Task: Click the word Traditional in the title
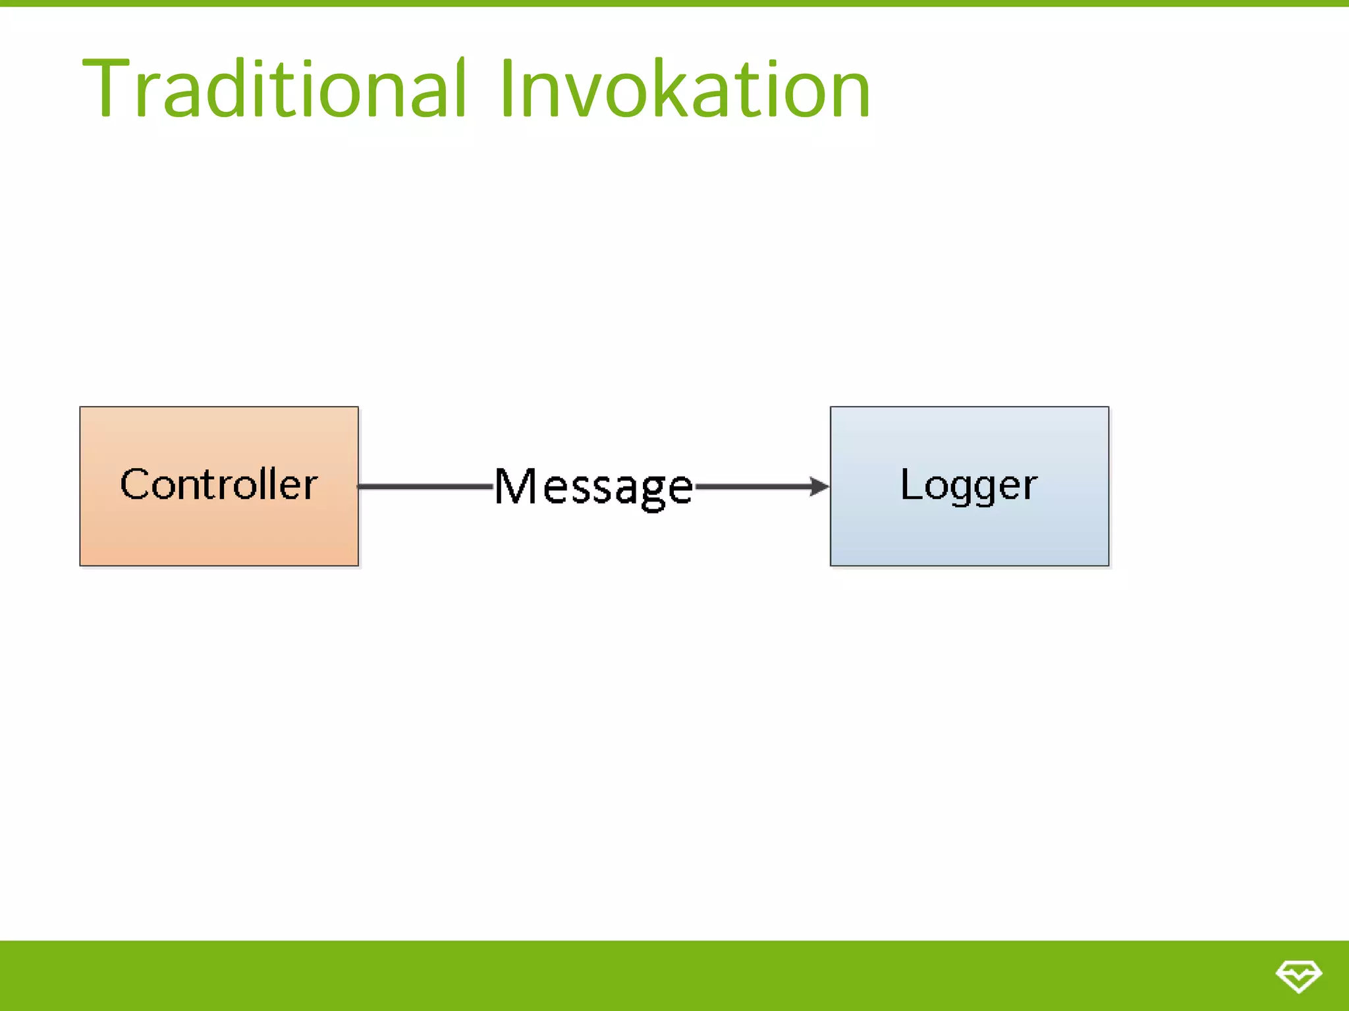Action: (x=273, y=89)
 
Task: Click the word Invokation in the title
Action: (x=685, y=89)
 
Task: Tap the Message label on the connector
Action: (x=593, y=487)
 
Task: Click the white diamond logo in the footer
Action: (x=1298, y=975)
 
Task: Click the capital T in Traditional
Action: (x=105, y=89)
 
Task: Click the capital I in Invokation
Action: (x=507, y=89)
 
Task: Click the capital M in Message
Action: (x=516, y=487)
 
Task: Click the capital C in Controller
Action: (x=135, y=484)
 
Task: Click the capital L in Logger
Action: (x=910, y=484)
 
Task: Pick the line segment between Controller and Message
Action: (x=425, y=486)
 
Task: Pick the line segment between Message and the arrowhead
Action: (x=751, y=486)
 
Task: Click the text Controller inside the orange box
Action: (x=219, y=484)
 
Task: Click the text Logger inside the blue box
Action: (x=969, y=486)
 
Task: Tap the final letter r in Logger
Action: (x=1030, y=488)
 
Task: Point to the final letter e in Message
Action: (x=680, y=490)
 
